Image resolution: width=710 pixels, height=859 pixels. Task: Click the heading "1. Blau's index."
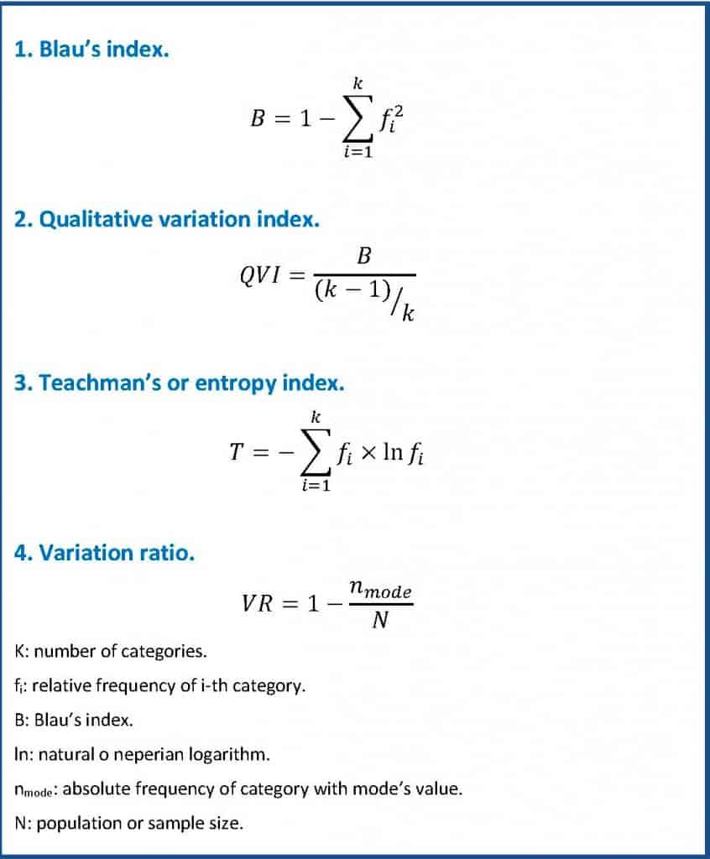92,50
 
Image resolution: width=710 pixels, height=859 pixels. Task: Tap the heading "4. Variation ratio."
105,553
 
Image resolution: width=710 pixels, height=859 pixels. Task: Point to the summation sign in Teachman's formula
315,454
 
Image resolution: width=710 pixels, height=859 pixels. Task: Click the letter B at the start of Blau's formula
258,119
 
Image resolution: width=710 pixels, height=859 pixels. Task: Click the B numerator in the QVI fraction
364,256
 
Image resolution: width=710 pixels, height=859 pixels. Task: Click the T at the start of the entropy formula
237,453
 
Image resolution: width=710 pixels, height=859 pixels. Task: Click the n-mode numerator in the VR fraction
380,591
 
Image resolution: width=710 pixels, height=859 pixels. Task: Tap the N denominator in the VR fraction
379,622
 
